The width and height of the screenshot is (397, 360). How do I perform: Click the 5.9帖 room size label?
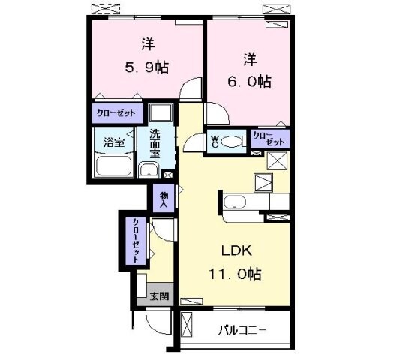[x=146, y=66]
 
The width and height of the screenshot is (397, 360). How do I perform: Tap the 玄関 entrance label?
[x=159, y=296]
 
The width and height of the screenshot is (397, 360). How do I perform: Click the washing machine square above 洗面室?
[x=160, y=113]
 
